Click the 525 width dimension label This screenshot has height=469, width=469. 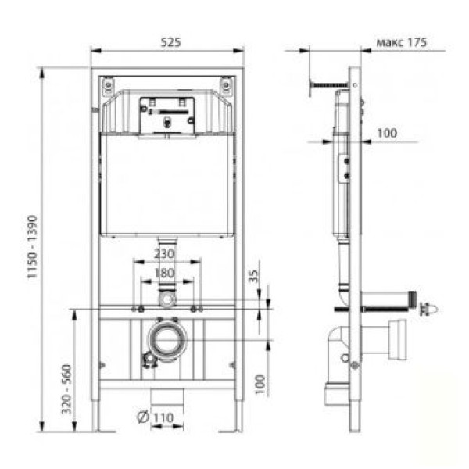pyautogui.click(x=170, y=42)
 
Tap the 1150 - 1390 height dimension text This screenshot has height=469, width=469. pyautogui.click(x=32, y=247)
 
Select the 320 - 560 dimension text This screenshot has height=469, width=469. pyautogui.click(x=66, y=389)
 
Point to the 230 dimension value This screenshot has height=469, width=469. pyautogui.click(x=164, y=254)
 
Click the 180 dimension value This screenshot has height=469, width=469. pyautogui.click(x=164, y=273)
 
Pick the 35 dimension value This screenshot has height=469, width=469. pyautogui.click(x=253, y=276)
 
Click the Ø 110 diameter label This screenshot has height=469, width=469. pyautogui.click(x=156, y=417)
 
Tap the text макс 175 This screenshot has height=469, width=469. pyautogui.click(x=402, y=42)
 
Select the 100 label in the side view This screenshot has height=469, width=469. pyautogui.click(x=387, y=133)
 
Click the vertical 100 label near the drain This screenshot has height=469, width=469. pyautogui.click(x=260, y=385)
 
